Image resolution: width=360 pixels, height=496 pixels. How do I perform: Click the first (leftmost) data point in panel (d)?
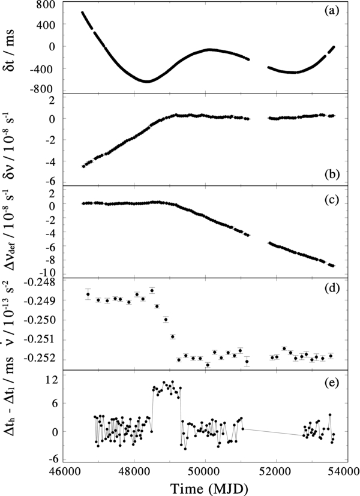[x=88, y=294]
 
